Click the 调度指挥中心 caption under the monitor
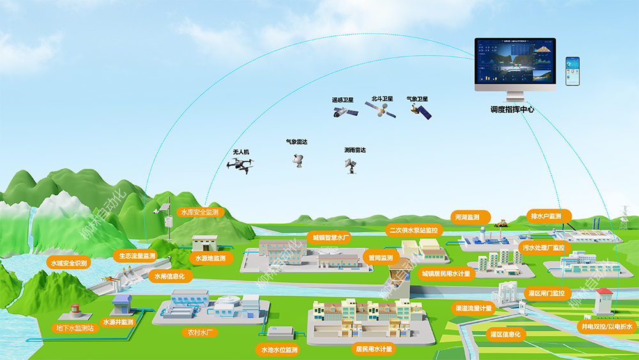pos(512,109)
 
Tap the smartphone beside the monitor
pos(572,72)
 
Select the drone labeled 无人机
pos(239,166)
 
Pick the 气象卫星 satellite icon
pos(420,112)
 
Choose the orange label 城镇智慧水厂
pos(328,237)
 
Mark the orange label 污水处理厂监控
pos(543,247)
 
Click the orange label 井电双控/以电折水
pos(606,327)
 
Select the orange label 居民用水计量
pos(374,349)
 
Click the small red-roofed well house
pos(603,300)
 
